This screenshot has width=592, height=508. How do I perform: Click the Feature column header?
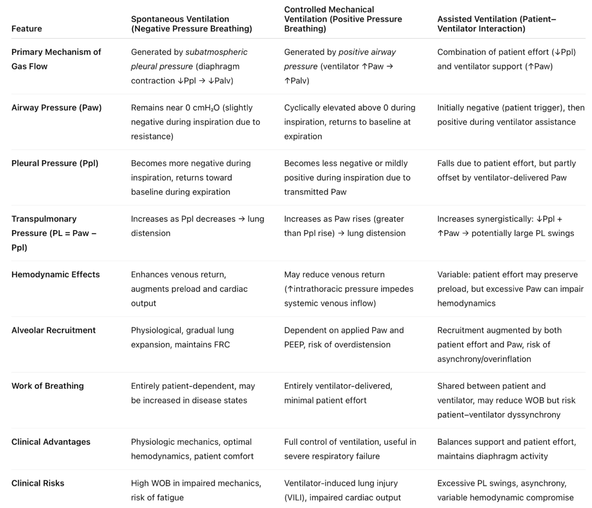27,29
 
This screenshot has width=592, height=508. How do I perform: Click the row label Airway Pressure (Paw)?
56,108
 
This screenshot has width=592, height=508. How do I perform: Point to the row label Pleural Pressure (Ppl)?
55,163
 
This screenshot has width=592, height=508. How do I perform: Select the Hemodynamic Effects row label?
55,274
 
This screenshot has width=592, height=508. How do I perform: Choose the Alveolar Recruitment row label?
53,330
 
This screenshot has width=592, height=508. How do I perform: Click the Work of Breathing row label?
47,386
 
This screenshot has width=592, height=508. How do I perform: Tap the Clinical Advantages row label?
51,442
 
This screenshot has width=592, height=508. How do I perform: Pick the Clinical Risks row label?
38,483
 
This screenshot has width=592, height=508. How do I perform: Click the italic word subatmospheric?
216,52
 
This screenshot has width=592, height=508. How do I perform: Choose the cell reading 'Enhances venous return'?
189,289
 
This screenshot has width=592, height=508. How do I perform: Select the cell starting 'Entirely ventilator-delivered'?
338,393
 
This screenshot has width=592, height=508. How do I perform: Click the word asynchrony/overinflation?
484,359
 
